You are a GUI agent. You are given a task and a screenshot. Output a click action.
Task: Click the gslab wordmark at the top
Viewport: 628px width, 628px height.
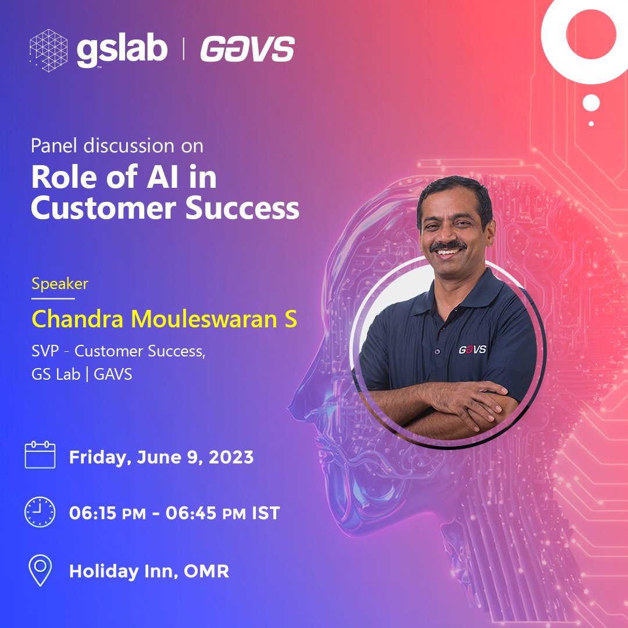[x=122, y=50]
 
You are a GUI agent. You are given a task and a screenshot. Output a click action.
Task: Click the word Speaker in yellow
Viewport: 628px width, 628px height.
[x=60, y=284]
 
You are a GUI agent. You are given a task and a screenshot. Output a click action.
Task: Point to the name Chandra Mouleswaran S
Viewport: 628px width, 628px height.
[x=165, y=319]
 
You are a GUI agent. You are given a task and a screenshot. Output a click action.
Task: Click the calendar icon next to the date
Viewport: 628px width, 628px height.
[x=40, y=455]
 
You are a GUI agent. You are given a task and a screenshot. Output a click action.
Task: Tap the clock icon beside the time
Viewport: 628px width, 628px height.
[x=40, y=513]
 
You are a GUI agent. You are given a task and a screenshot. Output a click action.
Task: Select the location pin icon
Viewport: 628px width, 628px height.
[x=40, y=570]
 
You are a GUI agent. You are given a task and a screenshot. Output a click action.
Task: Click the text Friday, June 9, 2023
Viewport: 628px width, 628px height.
[x=161, y=457]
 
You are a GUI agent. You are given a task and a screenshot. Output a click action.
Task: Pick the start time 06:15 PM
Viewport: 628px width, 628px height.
[x=111, y=513]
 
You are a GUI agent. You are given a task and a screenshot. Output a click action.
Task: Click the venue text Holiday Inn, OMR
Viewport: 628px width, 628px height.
[x=149, y=571]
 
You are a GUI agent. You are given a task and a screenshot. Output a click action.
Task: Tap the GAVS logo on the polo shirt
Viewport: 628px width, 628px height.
[x=472, y=349]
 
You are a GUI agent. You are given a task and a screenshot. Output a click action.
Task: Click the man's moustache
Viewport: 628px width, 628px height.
[x=448, y=246]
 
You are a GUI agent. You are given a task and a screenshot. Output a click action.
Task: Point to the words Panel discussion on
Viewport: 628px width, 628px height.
[x=117, y=145]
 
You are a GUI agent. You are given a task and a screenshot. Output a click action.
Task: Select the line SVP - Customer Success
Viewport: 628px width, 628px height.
[x=119, y=351]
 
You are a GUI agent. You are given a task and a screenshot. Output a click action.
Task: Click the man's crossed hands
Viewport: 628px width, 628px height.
[x=459, y=401]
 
